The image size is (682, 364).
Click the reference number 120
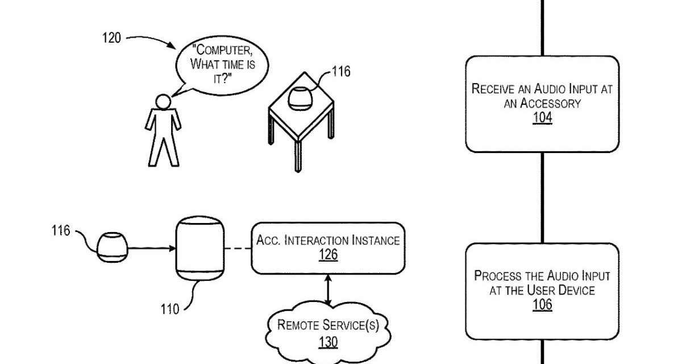point(111,39)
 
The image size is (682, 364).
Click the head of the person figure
point(163,102)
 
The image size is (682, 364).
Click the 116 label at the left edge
point(60,231)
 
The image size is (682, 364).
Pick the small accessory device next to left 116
point(111,248)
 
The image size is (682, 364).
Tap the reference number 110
point(170,309)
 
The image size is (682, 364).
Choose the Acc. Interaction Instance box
point(328,247)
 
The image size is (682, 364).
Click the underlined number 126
point(328,255)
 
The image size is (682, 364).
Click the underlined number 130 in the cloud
point(328,342)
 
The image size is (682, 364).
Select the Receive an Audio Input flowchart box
point(542,104)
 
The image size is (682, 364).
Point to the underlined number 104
point(542,118)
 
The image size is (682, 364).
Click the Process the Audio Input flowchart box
point(542,291)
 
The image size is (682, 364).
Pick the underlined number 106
point(542,305)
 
